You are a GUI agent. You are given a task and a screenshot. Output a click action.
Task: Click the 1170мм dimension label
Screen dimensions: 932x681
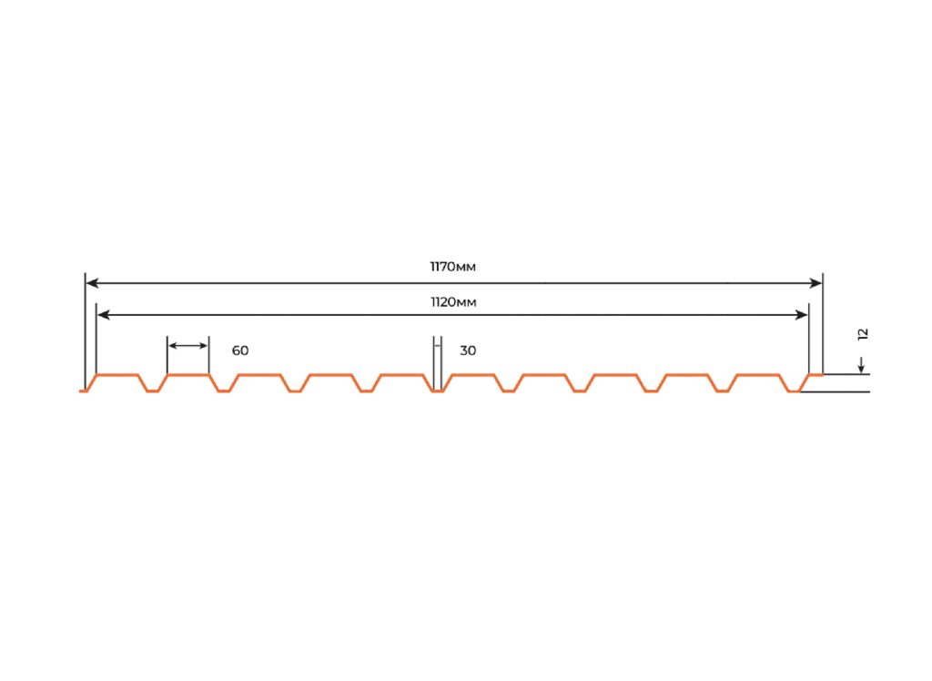pyautogui.click(x=453, y=267)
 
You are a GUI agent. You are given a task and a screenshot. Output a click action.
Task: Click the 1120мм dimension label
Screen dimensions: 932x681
pyautogui.click(x=453, y=302)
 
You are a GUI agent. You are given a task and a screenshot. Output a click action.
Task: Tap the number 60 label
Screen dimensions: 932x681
pyautogui.click(x=240, y=351)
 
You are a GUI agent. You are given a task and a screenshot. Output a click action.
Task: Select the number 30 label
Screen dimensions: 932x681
pyautogui.click(x=468, y=351)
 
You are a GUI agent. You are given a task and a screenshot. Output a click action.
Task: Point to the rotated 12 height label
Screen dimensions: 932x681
pyautogui.click(x=863, y=334)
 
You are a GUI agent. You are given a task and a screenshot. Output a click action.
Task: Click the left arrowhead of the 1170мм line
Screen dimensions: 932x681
pyautogui.click(x=92, y=283)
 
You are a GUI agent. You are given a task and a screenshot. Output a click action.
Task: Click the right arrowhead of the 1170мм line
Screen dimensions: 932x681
pyautogui.click(x=816, y=283)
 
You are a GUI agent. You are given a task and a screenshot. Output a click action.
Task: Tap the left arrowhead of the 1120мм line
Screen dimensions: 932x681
pyautogui.click(x=103, y=315)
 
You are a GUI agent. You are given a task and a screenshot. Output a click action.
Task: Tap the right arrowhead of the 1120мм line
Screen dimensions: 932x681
pyautogui.click(x=802, y=315)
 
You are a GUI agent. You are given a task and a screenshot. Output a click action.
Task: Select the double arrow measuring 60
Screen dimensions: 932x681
pyautogui.click(x=187, y=346)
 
